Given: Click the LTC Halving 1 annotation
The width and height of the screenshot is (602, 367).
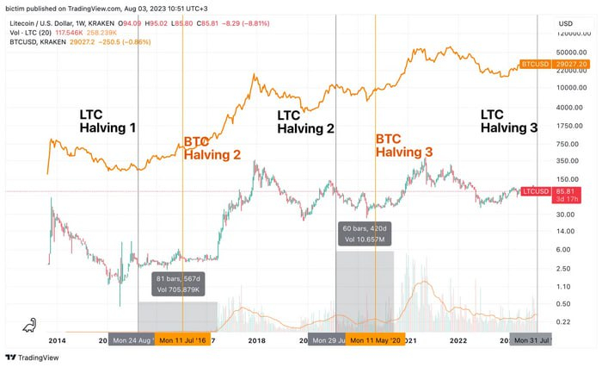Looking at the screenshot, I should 107,121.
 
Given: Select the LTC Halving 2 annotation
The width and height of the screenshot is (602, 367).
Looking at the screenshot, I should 305,121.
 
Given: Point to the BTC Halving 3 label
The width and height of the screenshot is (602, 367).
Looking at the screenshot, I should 404,145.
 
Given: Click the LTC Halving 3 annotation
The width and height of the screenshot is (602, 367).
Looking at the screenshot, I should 508,121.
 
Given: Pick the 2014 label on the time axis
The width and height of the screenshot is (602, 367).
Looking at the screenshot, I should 57,340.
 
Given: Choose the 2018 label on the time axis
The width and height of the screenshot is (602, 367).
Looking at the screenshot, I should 256,340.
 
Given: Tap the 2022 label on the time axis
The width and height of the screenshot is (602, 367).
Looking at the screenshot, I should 458,340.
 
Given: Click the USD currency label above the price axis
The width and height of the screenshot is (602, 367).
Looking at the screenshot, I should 565,23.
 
